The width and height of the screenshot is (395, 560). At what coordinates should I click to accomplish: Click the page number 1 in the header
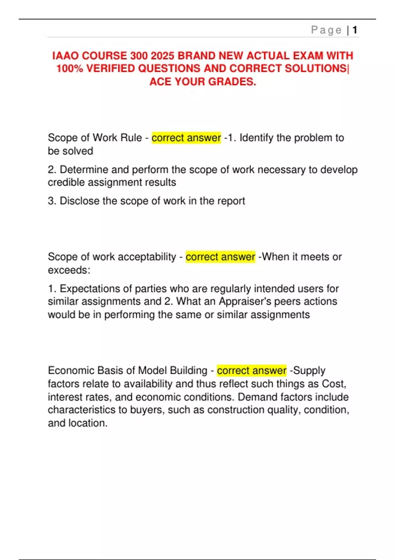(x=355, y=30)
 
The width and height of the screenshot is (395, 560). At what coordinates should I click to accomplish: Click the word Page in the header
(x=326, y=30)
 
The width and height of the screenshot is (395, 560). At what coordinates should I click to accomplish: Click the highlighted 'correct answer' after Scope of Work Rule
(x=186, y=138)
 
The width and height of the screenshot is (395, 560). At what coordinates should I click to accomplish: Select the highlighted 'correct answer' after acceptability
(x=220, y=257)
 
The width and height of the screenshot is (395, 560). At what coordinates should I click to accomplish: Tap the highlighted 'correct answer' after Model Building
(x=251, y=371)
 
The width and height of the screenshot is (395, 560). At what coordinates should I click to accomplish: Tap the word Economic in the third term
(x=69, y=371)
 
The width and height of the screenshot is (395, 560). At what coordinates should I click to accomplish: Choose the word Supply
(x=309, y=371)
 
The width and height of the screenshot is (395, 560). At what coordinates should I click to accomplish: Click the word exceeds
(x=68, y=270)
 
